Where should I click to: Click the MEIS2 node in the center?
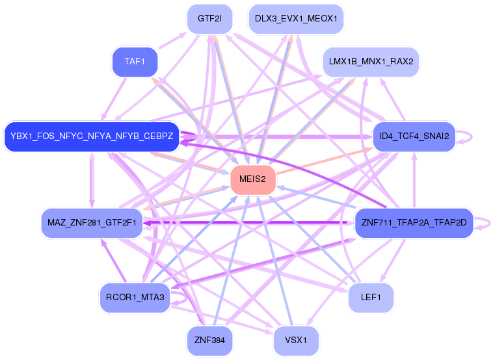pyautogui.click(x=253, y=179)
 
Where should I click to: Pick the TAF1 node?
pyautogui.click(x=135, y=62)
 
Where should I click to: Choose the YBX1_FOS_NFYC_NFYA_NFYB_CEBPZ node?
pyautogui.click(x=92, y=136)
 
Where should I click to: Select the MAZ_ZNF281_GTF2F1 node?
pyautogui.click(x=91, y=223)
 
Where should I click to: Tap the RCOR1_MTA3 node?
pyautogui.click(x=135, y=298)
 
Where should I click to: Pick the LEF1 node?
pyautogui.click(x=371, y=298)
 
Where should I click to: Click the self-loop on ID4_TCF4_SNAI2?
pyautogui.click(x=470, y=137)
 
